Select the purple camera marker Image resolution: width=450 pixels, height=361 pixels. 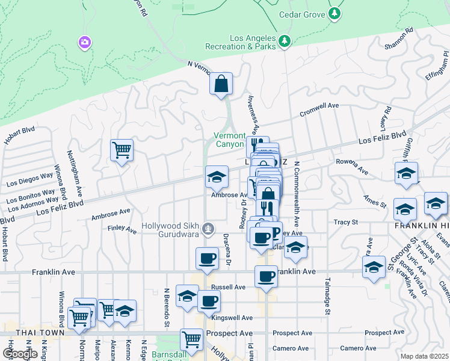tap(85, 42)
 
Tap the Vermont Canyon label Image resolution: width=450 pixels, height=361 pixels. tap(230, 140)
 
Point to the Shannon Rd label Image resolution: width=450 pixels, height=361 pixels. tap(399, 39)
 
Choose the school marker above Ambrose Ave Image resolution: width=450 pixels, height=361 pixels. tap(217, 176)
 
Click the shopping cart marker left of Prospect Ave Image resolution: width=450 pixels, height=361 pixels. tap(191, 340)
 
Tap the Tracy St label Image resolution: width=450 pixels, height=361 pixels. tap(346, 222)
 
